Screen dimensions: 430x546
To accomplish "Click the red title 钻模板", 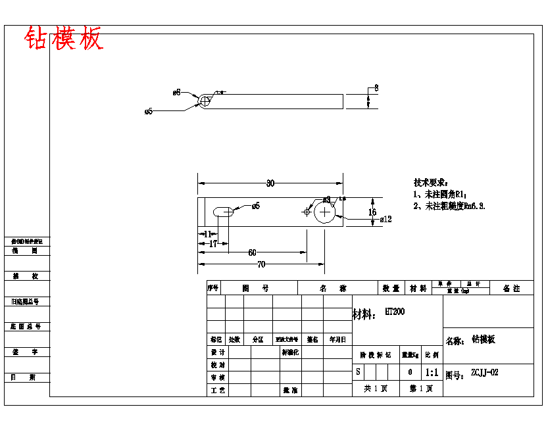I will click(x=64, y=39).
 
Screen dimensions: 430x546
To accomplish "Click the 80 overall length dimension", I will click(x=270, y=183).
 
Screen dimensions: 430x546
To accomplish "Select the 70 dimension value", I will click(x=261, y=264).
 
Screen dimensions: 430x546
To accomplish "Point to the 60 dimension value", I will click(x=252, y=252).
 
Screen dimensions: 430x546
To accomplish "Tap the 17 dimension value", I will click(x=213, y=244).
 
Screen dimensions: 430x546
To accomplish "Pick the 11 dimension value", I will click(x=208, y=234).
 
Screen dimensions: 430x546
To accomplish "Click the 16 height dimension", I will click(x=372, y=212).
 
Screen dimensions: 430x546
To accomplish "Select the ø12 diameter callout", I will click(x=386, y=220).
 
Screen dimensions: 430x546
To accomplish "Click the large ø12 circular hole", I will click(x=325, y=212).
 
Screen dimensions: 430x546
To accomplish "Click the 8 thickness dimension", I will click(x=376, y=87).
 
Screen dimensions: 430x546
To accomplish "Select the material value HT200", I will click(x=395, y=312).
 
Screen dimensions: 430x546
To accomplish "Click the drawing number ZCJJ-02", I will click(x=484, y=373).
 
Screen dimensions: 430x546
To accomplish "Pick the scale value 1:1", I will click(x=432, y=373).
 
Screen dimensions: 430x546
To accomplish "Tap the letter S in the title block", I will click(x=358, y=372).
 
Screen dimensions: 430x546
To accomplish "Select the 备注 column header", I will click(x=511, y=288).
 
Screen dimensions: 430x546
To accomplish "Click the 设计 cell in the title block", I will click(x=218, y=352).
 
